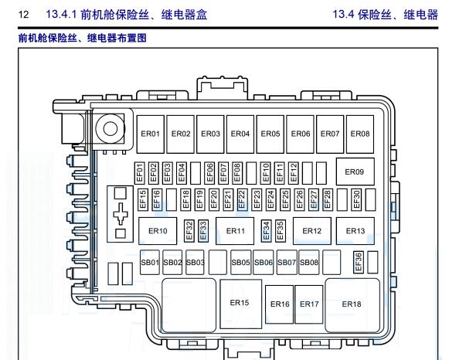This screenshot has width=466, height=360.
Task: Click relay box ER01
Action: [x=151, y=134]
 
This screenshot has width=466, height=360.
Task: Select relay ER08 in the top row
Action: [x=359, y=134]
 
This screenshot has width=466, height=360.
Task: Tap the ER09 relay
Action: [x=355, y=172]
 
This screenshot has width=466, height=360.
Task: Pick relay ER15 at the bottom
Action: [x=240, y=303]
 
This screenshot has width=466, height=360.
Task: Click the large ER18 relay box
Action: [x=352, y=304]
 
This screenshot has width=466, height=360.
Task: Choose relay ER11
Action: [x=236, y=230]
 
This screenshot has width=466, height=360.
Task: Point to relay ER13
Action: [x=355, y=230]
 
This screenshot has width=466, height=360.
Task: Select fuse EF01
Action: [x=140, y=172]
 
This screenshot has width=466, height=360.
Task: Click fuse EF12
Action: [x=294, y=172]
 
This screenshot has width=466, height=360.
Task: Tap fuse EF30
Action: [x=356, y=199]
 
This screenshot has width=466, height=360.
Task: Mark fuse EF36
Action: [x=359, y=262]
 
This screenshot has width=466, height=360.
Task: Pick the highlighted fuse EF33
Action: [x=203, y=229]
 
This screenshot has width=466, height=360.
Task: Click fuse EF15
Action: [x=143, y=199]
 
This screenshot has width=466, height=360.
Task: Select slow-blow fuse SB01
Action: [x=149, y=263]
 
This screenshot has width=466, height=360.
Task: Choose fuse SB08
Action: [x=309, y=263]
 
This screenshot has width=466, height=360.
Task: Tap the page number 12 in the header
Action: [x=23, y=14]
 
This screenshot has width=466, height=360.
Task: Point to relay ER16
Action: [x=280, y=304]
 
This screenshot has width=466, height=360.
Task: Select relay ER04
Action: [x=240, y=134]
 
